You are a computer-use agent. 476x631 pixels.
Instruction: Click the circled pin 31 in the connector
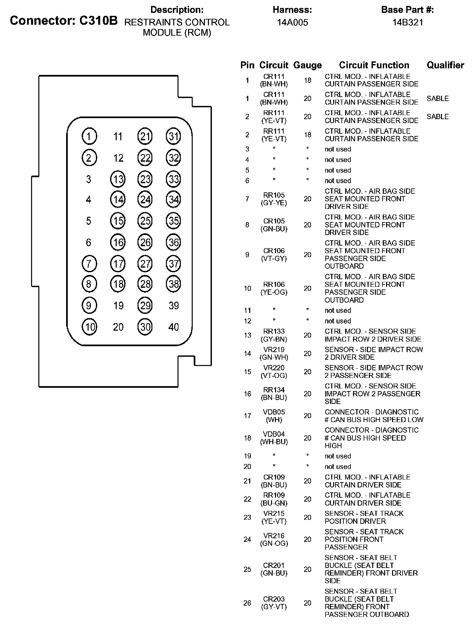(173, 136)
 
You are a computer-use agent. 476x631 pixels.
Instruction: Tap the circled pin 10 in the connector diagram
(89, 327)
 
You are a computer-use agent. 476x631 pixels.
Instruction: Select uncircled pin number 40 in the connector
(174, 327)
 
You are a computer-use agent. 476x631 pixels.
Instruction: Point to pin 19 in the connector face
(118, 306)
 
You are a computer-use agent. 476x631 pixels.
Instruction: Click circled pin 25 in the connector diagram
(145, 221)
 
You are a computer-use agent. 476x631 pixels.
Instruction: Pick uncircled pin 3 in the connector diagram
(89, 179)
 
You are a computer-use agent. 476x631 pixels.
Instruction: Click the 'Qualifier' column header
(445, 65)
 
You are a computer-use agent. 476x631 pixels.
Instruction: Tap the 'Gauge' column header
(307, 65)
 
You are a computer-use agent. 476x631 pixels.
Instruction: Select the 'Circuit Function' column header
(374, 65)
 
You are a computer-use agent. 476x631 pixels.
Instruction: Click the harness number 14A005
(292, 22)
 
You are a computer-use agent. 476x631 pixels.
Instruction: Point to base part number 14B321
(408, 22)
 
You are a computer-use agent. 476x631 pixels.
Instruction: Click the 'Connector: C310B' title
(64, 20)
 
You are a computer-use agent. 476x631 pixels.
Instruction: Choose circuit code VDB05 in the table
(274, 412)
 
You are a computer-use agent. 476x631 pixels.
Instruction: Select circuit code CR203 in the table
(274, 599)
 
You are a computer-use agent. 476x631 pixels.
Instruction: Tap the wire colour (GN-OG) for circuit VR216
(274, 543)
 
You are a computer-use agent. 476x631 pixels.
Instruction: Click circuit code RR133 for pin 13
(274, 331)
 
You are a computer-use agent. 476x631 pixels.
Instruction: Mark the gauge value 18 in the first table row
(307, 80)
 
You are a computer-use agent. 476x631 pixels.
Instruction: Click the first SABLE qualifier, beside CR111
(438, 98)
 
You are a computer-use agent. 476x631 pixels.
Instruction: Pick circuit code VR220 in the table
(274, 368)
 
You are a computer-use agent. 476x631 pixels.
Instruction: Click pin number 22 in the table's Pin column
(247, 499)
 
